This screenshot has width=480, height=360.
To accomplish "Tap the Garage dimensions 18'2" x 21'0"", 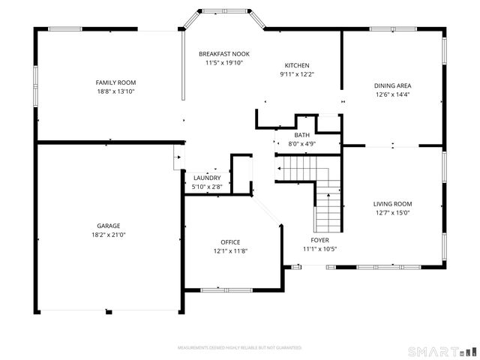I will click(108, 235).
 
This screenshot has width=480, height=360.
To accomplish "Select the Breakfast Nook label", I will click(223, 54).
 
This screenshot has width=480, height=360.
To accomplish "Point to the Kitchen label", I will click(296, 65).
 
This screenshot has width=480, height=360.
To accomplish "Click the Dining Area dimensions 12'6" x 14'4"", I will click(393, 94).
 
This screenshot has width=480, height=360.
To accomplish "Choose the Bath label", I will click(301, 135).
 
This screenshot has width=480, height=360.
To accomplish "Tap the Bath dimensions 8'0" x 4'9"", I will click(301, 144).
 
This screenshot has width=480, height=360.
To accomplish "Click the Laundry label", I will click(207, 178).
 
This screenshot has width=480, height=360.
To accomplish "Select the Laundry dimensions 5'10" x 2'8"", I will click(207, 187).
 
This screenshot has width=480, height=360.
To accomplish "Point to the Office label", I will click(230, 241).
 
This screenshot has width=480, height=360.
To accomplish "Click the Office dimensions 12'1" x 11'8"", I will click(230, 251).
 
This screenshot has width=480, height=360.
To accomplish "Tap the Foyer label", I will click(320, 240).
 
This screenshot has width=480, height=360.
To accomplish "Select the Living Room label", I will click(393, 204).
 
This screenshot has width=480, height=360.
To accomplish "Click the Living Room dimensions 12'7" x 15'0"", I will click(393, 213).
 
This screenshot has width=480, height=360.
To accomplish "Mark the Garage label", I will click(108, 226).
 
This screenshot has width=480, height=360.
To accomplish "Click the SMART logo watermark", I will click(442, 350).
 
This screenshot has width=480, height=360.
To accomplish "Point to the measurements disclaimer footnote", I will click(239, 348).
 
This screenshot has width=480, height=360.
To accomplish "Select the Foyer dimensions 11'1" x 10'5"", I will click(320, 249).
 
